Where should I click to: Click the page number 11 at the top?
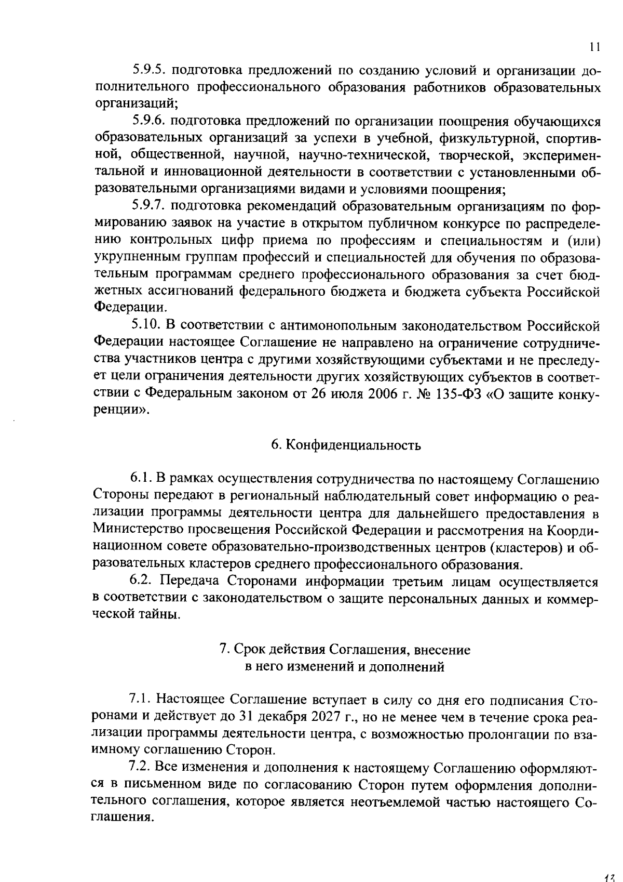pos(595,47)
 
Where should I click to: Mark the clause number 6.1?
pos(140,479)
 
